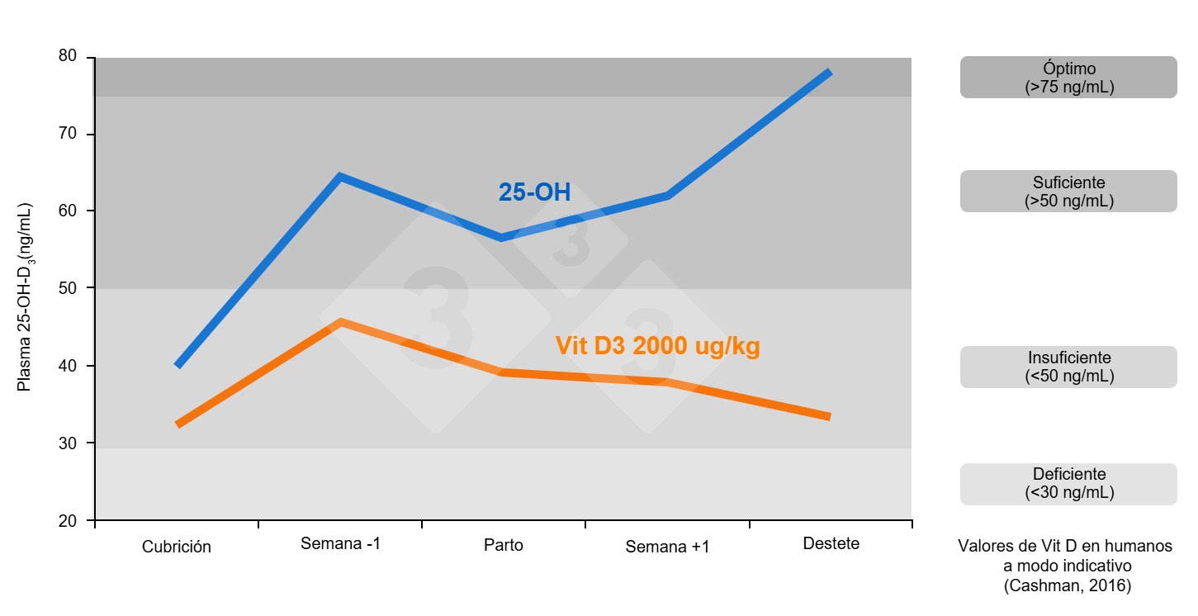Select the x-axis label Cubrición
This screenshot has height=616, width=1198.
[x=176, y=547]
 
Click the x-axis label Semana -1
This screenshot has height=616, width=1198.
[x=341, y=544]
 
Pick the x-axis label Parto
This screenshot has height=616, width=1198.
[x=503, y=546]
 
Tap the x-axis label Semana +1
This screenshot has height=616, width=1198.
[x=667, y=547]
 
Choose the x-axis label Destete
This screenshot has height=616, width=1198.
[x=831, y=543]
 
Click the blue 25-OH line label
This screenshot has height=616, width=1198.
[x=534, y=192]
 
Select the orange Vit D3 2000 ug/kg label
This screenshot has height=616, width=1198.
[x=657, y=346]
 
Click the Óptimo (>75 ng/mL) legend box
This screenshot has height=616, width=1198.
[x=1068, y=78]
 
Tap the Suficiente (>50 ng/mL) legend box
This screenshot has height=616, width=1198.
[x=1068, y=192]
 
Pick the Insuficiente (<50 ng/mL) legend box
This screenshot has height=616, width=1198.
[x=1068, y=367]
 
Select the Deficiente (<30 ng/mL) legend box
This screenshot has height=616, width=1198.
[x=1068, y=484]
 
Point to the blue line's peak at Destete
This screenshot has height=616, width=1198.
[x=829, y=73]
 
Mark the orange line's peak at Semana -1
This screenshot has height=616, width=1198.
[x=340, y=321]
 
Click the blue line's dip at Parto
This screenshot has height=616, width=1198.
[x=500, y=238]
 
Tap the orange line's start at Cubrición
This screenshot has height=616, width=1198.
[x=178, y=424]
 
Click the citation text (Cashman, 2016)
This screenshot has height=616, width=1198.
[x=1067, y=586]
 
